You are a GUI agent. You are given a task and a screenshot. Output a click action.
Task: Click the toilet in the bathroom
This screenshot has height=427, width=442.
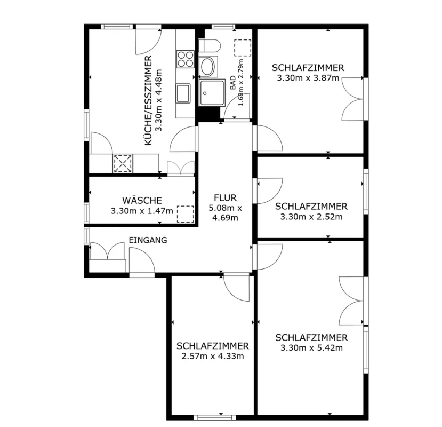(209, 45)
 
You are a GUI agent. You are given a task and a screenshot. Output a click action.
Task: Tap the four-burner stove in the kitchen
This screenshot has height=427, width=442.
(185, 59)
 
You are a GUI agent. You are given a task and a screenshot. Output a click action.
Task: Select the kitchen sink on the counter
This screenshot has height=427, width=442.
(183, 93)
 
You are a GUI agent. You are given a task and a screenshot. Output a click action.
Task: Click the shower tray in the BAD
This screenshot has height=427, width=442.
(212, 92)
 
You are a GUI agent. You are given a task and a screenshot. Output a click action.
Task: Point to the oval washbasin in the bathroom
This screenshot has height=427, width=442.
(208, 67)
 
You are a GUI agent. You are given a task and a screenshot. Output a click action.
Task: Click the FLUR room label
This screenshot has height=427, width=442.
(225, 197)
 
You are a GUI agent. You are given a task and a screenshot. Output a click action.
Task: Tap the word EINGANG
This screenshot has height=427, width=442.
(148, 240)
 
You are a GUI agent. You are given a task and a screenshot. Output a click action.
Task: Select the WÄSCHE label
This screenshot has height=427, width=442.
(142, 200)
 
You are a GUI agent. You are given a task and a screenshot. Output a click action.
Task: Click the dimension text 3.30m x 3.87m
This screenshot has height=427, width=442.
(308, 78)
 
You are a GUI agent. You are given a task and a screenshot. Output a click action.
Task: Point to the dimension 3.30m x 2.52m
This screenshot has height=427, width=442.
(311, 217)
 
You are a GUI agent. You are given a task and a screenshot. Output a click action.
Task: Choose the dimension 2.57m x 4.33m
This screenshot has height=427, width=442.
(213, 356)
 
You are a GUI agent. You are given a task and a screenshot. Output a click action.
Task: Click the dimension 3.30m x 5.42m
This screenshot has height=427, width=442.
(311, 347)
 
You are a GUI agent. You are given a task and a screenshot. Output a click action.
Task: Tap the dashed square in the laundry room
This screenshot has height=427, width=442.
(186, 214)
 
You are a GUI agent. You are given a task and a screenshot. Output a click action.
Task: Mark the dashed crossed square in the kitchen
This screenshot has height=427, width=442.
(123, 163)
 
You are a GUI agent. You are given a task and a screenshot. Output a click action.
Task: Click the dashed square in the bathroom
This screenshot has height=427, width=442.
(243, 48)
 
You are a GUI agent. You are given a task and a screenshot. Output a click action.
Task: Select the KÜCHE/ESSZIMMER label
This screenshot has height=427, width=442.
(148, 100)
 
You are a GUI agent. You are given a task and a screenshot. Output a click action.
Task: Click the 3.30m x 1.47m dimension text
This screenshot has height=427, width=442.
(142, 211)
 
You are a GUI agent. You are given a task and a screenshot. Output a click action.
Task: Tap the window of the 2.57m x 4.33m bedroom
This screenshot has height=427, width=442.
(214, 418)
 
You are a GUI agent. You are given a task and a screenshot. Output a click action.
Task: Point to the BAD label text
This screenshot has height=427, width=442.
(233, 82)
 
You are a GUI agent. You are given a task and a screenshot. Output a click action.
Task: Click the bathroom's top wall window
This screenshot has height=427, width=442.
(223, 27)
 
